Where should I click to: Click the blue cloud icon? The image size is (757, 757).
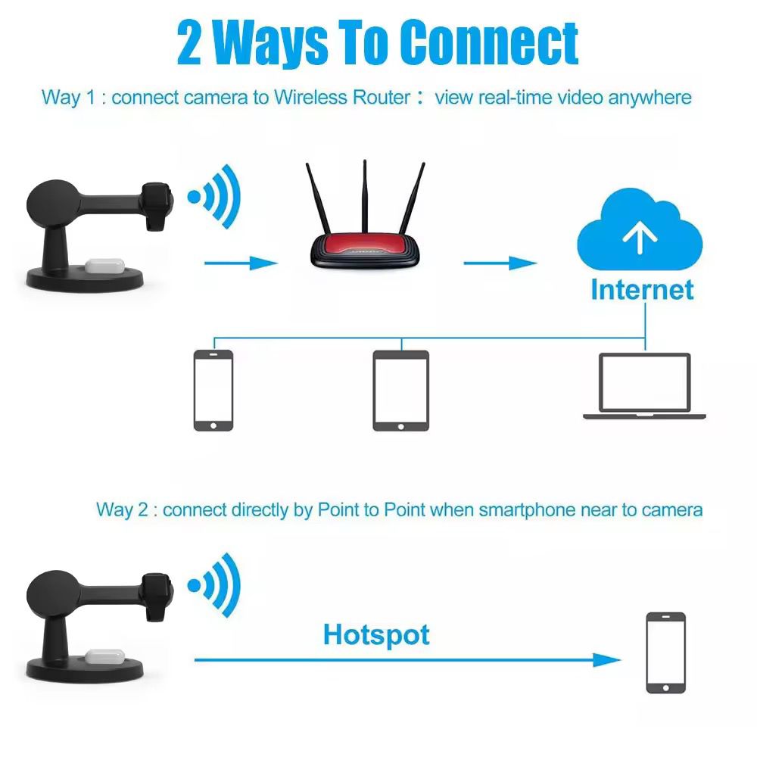(x=640, y=234)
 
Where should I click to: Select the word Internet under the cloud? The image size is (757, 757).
(x=642, y=290)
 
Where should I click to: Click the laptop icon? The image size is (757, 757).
(x=644, y=386)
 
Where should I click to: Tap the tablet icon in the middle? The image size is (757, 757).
(x=400, y=391)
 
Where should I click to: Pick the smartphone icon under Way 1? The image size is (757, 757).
(x=213, y=390)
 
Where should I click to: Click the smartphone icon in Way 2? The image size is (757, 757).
(x=665, y=653)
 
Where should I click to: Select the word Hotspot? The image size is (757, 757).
(x=376, y=634)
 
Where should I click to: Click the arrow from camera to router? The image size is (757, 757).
(x=241, y=263)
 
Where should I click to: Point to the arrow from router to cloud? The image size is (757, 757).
(x=500, y=263)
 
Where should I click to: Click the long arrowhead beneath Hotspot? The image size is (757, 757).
(x=606, y=660)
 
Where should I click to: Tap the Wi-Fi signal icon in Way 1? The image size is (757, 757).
(x=214, y=197)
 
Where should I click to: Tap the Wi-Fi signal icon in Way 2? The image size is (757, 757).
(x=214, y=584)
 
